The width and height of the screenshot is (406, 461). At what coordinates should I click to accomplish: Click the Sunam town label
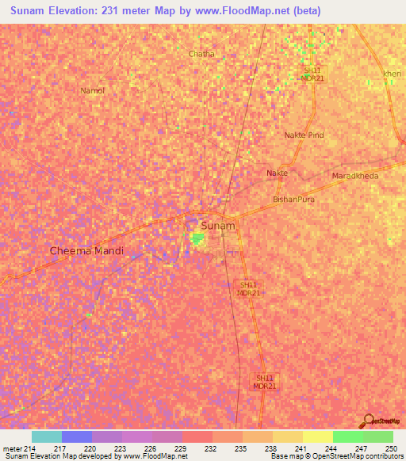[x=218, y=226]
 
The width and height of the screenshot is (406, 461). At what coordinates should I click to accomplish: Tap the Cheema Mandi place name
[x=87, y=250]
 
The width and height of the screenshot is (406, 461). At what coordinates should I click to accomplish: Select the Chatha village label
[x=201, y=54]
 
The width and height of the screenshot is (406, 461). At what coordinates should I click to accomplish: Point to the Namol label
[x=92, y=90]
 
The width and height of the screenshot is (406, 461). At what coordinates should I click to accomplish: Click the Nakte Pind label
[x=304, y=135]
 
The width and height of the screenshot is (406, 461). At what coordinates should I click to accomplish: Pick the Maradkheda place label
[x=355, y=175]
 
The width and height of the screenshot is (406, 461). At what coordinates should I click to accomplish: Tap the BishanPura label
[x=293, y=200]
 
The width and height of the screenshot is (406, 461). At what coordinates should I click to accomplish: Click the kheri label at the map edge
[x=393, y=74]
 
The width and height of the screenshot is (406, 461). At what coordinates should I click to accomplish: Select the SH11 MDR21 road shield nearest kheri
[x=312, y=74]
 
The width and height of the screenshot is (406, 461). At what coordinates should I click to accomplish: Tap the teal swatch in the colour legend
[x=47, y=436]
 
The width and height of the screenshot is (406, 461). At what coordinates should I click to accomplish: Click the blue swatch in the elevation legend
[x=77, y=436]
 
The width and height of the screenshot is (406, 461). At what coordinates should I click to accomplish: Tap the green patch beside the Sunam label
[x=196, y=238]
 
